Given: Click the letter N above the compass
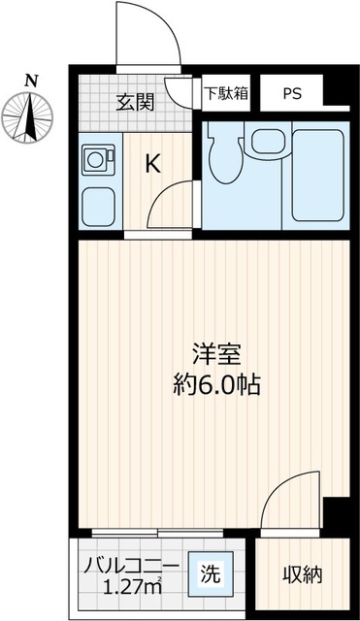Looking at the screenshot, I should point(32,82).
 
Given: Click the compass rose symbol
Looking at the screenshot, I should point(33,114).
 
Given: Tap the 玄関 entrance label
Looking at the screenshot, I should point(135,100).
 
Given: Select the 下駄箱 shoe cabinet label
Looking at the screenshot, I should point(226,94).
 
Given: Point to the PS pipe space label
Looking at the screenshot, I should point(292,94).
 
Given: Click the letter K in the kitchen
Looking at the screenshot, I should point(152,164).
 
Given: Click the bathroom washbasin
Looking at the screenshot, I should point(264,143).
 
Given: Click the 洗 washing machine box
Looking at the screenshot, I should point(210,573).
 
